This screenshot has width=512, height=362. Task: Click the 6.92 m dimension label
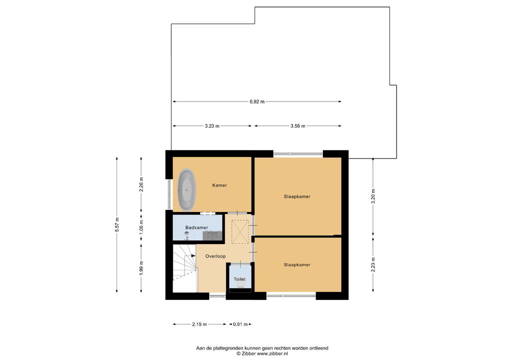(x=257, y=101)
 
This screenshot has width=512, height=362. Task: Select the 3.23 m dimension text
(x=212, y=125)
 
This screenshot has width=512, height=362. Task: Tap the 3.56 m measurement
(x=298, y=125)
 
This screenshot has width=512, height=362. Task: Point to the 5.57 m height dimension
(x=117, y=224)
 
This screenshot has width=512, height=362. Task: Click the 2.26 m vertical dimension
(x=141, y=184)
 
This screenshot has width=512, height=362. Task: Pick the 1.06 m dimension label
(x=141, y=225)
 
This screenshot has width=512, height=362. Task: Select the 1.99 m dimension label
(x=141, y=267)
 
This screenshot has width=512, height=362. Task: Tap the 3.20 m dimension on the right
(x=373, y=196)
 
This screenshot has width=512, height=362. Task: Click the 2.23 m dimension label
(x=373, y=264)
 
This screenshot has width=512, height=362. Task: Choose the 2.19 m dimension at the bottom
(x=199, y=324)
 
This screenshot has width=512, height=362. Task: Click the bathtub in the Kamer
(x=186, y=190)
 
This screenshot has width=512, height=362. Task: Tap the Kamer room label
(x=219, y=185)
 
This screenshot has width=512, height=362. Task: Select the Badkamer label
(x=196, y=227)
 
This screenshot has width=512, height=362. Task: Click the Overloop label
(x=215, y=256)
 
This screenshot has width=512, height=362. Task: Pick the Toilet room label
(x=239, y=279)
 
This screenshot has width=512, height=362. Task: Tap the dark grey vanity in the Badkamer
(x=212, y=235)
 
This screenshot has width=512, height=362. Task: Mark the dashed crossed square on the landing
(x=240, y=231)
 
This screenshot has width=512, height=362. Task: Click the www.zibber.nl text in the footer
(x=272, y=353)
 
